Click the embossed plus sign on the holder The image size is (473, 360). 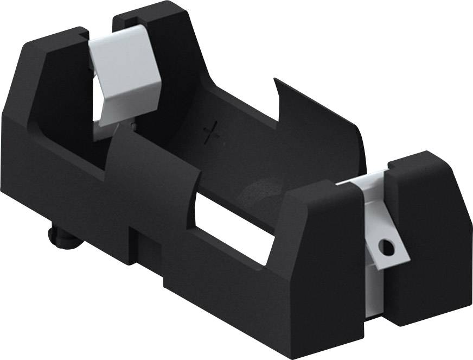(212, 132)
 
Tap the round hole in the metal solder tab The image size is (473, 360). (386, 248)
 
